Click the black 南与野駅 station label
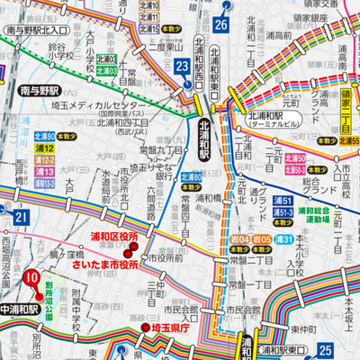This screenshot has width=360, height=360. tap(38, 91)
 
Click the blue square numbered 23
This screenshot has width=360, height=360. tap(183, 67)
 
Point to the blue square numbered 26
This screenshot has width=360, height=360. tap(221, 24)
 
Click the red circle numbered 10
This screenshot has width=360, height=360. tap(31, 277)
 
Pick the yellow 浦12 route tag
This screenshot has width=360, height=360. tap(44, 147)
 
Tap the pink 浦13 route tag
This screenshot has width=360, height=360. tap(44, 171)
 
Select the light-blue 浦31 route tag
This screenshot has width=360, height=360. tap(283, 238)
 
